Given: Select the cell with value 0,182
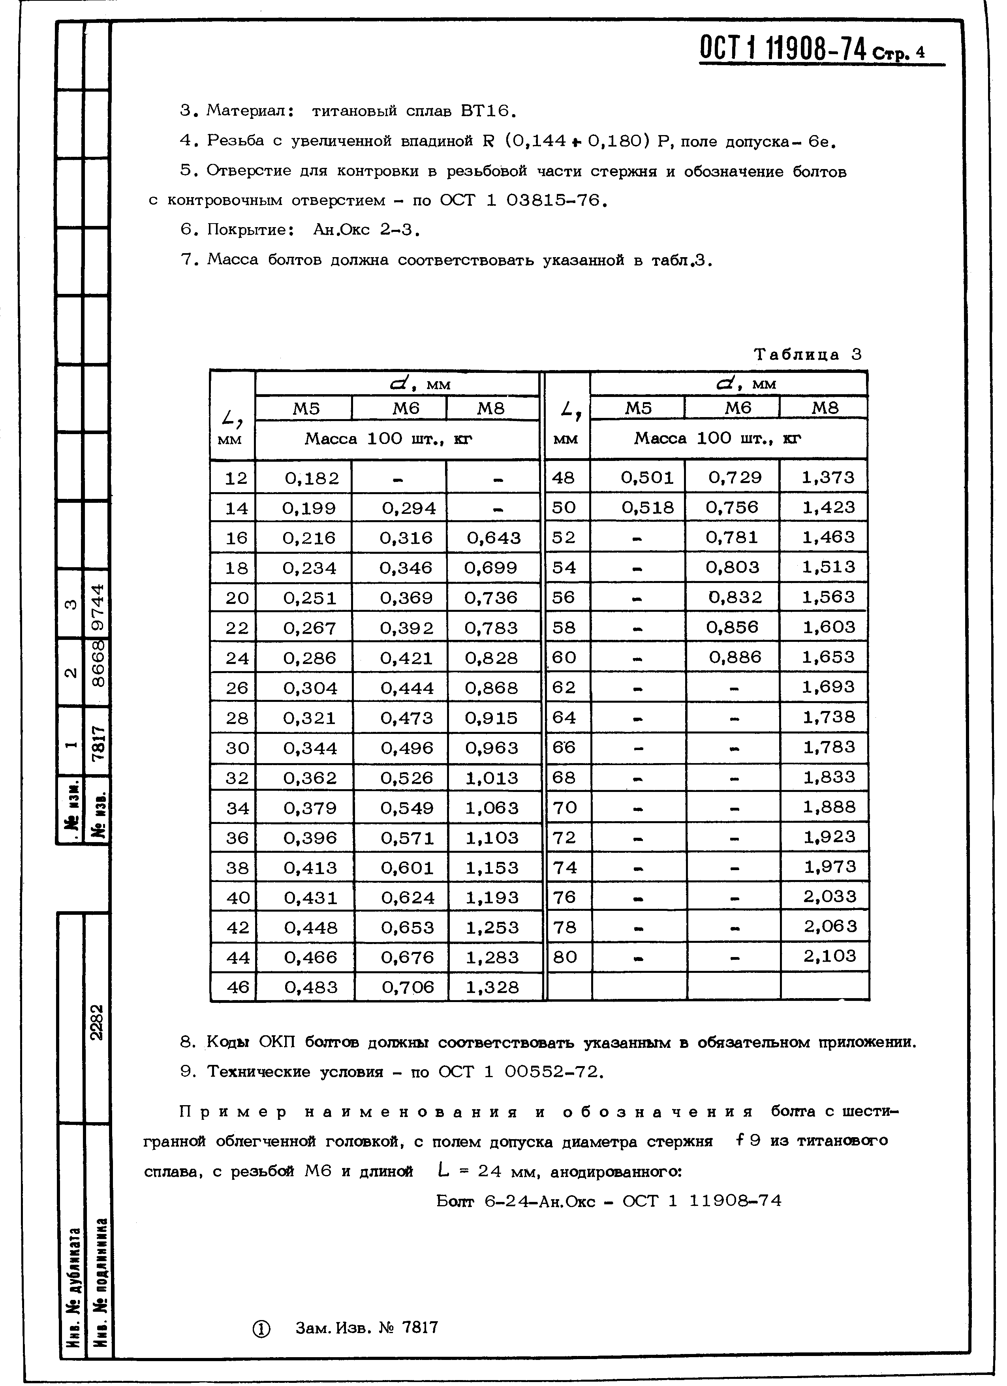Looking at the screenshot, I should (312, 478).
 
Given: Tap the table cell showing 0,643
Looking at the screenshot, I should (494, 538).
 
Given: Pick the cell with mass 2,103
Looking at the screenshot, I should (830, 956).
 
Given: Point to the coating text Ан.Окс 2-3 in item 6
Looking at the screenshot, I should (365, 230).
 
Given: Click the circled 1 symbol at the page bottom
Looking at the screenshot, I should (261, 1329).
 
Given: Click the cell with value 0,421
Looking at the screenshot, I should (406, 658).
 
